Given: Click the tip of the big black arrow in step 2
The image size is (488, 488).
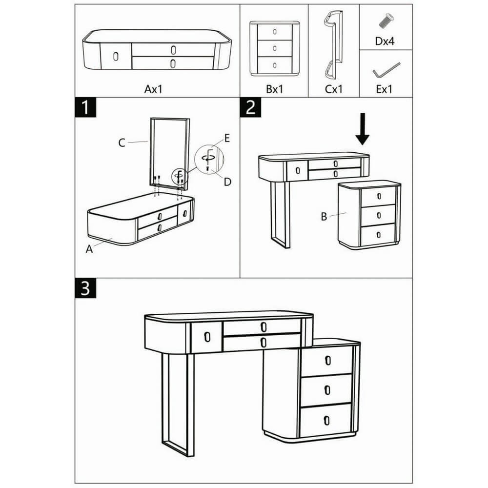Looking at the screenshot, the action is pyautogui.click(x=363, y=145).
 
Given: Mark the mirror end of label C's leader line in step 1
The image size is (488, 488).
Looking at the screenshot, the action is pyautogui.click(x=148, y=142).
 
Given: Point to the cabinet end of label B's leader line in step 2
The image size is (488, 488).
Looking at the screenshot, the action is pyautogui.click(x=346, y=213).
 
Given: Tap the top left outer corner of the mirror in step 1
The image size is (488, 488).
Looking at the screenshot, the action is pyautogui.click(x=151, y=118).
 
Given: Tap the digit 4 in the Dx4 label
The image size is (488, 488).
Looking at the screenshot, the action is pyautogui.click(x=391, y=41).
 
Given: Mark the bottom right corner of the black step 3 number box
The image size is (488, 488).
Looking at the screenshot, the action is pyautogui.click(x=96, y=298).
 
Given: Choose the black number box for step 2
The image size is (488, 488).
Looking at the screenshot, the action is pyautogui.click(x=250, y=107).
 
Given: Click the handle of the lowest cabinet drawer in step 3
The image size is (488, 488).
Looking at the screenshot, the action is pyautogui.click(x=326, y=420).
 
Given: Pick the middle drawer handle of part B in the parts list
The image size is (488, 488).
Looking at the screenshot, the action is pyautogui.click(x=274, y=48).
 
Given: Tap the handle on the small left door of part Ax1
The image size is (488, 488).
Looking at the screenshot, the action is pyautogui.click(x=116, y=57).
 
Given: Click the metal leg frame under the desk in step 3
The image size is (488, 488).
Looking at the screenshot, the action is pyautogui.click(x=178, y=404).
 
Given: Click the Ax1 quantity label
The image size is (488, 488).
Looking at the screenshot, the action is pyautogui.click(x=153, y=89).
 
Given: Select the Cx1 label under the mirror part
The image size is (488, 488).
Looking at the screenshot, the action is pyautogui.click(x=334, y=89).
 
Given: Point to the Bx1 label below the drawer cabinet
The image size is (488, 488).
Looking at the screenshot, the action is pyautogui.click(x=274, y=89).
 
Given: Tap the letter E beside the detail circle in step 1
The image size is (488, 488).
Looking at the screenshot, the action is pyautogui.click(x=227, y=138).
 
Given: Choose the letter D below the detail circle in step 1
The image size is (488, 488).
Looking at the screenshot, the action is pyautogui.click(x=227, y=182).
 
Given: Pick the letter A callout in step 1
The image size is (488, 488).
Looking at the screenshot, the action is pyautogui.click(x=89, y=249).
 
